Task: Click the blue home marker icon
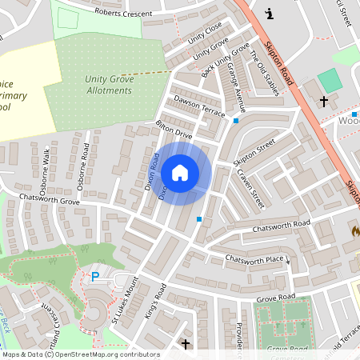coord(180,172)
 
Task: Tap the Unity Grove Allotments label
coord(108,84)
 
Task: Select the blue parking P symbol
coord(95,277)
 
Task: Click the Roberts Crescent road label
coord(123,13)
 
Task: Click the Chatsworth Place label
coord(254,259)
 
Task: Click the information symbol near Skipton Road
coord(269,13)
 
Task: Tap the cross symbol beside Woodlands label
coord(324,102)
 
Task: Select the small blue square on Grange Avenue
coord(235,121)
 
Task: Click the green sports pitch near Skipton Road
coord(329,80)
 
